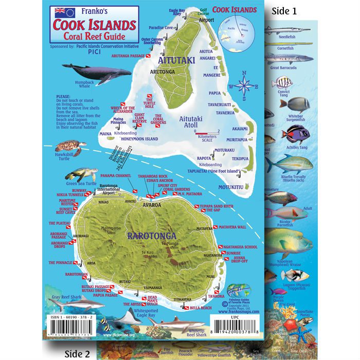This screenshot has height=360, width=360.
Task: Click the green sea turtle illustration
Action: (82, 174)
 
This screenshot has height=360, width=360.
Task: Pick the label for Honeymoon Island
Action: (138, 139)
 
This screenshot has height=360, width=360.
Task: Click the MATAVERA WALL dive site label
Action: (232, 226)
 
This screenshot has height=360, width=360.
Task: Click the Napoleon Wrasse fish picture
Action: (288, 241)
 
